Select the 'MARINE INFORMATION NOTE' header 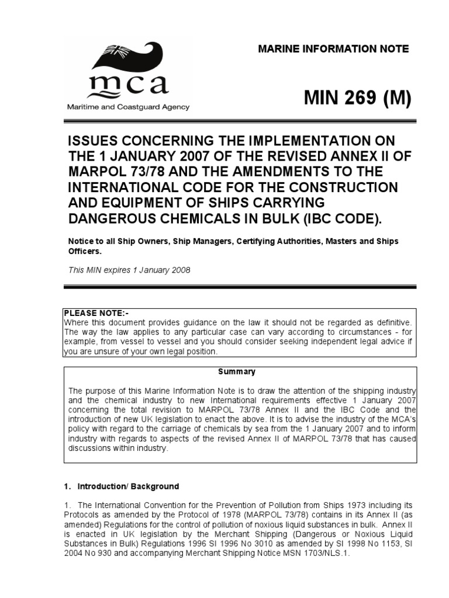(x=333, y=48)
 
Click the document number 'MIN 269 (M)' (x=357, y=99)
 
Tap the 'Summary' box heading (x=237, y=371)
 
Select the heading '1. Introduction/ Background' (x=121, y=486)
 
